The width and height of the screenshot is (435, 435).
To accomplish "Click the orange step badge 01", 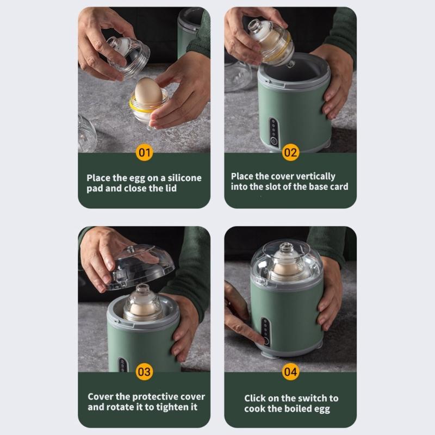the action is pos(144,152).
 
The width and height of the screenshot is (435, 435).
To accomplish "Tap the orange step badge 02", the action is pos(290,152).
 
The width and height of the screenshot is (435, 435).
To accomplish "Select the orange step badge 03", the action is pos(144,372).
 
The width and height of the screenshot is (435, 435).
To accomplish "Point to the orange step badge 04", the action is pos(290,372).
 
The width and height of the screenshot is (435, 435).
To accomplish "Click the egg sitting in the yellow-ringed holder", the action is pos(148,91).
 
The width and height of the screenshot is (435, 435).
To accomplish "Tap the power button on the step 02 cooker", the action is pos(274,141).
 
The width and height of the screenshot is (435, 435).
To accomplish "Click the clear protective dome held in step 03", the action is pos(139,266).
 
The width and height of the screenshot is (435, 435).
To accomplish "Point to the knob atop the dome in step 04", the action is pos(287,247).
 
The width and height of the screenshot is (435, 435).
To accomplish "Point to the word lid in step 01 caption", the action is pos(170,188).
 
